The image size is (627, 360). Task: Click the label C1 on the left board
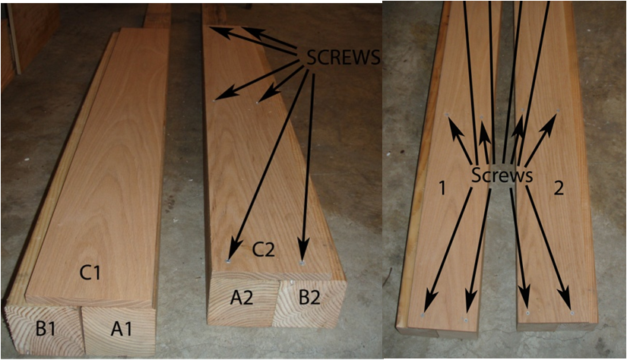click(x=90, y=273)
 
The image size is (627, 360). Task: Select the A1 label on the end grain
click(x=121, y=329)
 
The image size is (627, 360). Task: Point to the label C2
click(x=264, y=250)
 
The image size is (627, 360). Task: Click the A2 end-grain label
click(x=242, y=298)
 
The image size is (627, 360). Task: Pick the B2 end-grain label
click(x=309, y=298)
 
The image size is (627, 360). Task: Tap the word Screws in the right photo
click(x=502, y=175)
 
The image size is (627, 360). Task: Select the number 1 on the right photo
click(x=442, y=188)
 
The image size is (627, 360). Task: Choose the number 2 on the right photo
click(x=559, y=188)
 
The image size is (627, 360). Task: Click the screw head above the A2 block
click(x=227, y=261)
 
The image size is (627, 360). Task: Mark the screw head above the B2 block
click(x=302, y=264)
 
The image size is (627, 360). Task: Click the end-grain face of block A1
click(x=119, y=331)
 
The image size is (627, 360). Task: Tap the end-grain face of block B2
click(x=309, y=303)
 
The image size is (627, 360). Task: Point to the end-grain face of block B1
click(x=45, y=330)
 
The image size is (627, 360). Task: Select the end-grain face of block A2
click(x=242, y=300)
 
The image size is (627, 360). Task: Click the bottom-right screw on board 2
click(x=572, y=313)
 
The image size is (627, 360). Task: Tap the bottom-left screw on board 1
click(x=423, y=316)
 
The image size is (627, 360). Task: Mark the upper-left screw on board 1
click(x=448, y=114)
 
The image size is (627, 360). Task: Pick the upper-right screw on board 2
click(x=559, y=110)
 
